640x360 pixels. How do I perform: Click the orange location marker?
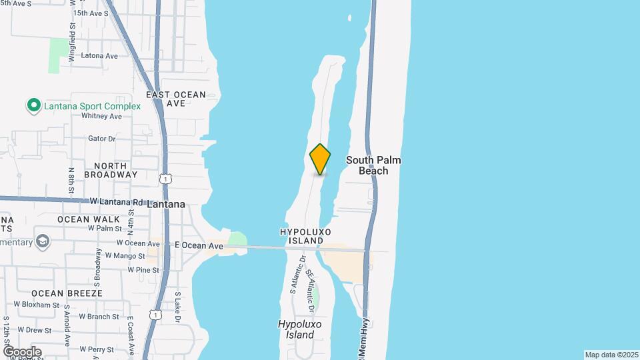[x=320, y=159]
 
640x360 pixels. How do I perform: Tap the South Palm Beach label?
[x=373, y=165]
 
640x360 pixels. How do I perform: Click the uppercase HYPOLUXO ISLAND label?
[x=305, y=236]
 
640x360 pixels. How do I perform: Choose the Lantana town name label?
[x=165, y=205]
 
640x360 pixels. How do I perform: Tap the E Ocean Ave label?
[x=199, y=246]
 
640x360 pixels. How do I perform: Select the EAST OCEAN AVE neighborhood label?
[x=176, y=99]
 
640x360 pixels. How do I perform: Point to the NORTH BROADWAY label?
[x=111, y=170]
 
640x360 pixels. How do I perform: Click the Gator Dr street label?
[x=102, y=139]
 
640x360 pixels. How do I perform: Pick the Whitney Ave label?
[x=101, y=116]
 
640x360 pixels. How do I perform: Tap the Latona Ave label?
[x=99, y=55]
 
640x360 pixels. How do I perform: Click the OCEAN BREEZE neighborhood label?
[x=67, y=293]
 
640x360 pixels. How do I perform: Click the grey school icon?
[x=43, y=241]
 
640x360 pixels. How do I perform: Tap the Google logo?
[x=22, y=351]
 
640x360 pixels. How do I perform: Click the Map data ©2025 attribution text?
[x=611, y=355]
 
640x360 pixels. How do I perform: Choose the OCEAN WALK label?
[x=89, y=219]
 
